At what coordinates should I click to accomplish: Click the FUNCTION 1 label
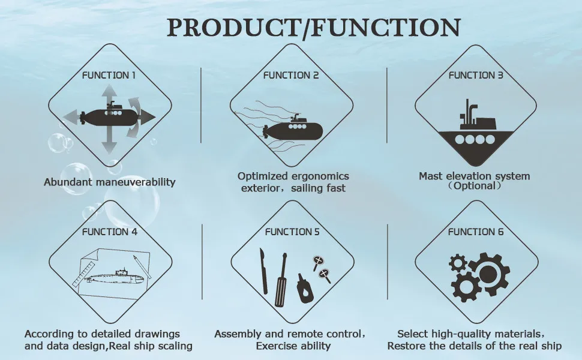109,76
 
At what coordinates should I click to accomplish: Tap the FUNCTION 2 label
291,76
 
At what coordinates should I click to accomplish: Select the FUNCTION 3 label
476,76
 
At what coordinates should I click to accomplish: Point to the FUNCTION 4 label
109,232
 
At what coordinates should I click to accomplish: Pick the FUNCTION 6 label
476,232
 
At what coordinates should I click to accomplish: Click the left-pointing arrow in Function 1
72,116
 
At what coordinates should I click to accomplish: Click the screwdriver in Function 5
280,282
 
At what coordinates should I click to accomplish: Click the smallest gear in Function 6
457,263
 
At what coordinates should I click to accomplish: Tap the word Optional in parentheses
474,186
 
